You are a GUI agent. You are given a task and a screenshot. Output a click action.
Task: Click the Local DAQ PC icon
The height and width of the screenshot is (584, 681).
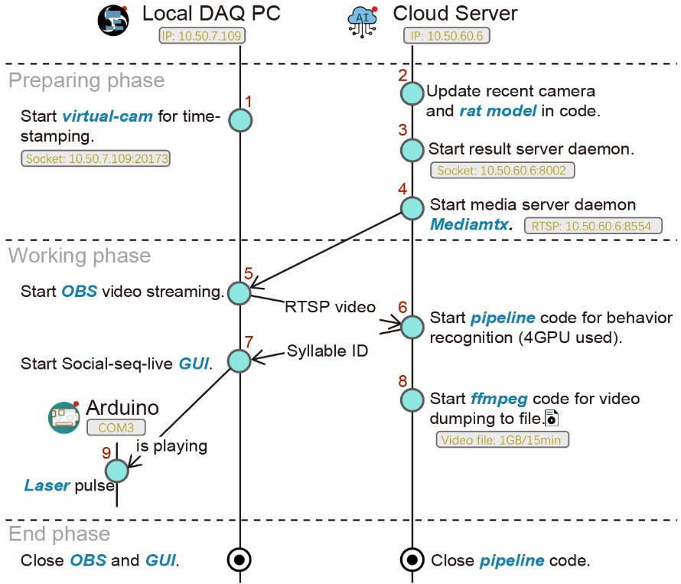click(113, 19)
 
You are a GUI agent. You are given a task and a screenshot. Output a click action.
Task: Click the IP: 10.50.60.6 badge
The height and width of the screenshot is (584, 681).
click(447, 35)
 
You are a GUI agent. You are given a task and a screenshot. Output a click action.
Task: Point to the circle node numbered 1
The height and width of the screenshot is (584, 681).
click(240, 120)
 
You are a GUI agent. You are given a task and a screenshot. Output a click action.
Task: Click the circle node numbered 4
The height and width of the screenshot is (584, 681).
click(412, 207)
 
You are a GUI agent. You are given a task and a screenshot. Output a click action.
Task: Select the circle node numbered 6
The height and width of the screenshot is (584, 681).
click(412, 327)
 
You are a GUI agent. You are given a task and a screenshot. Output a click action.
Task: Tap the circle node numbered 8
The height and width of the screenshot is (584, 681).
click(412, 399)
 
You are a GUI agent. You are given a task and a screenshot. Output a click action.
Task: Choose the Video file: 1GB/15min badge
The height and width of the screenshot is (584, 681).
click(503, 440)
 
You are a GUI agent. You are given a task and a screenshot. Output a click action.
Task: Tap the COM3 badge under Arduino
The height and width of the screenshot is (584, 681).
click(115, 428)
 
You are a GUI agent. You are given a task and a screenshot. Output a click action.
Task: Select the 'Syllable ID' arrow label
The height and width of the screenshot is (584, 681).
click(327, 352)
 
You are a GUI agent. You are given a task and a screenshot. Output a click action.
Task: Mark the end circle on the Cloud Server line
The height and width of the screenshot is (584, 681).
click(412, 560)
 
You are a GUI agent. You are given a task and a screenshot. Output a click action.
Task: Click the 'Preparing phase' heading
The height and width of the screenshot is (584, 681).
click(86, 80)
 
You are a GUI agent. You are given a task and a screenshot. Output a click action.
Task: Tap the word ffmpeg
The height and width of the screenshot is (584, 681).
click(498, 400)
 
